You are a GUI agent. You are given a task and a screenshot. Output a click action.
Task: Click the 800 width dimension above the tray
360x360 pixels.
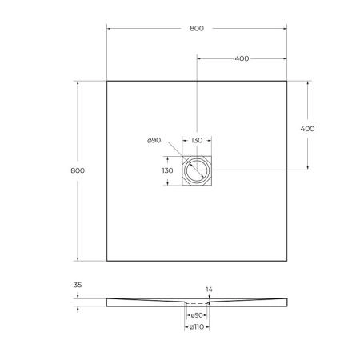click(x=197, y=28)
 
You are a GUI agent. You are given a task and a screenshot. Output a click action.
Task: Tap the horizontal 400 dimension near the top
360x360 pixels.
click(x=242, y=58)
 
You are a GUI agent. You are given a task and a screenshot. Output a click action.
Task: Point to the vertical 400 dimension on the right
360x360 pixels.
click(x=307, y=129)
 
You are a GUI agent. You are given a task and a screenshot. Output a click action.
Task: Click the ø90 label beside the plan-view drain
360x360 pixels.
click(x=155, y=141)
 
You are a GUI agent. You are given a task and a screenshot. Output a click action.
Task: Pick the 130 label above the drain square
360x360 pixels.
click(x=196, y=141)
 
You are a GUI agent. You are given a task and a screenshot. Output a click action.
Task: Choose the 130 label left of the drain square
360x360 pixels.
click(x=167, y=170)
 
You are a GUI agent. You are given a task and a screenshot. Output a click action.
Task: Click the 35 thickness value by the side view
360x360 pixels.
click(x=78, y=284)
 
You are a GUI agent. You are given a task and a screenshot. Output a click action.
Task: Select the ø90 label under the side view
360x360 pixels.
click(x=196, y=316)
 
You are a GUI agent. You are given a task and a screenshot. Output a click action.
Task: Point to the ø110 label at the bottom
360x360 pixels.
click(x=196, y=328)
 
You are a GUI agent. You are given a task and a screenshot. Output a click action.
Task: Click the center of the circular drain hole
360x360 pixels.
click(x=196, y=170)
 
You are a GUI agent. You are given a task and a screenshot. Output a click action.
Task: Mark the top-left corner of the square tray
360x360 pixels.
click(x=107, y=81)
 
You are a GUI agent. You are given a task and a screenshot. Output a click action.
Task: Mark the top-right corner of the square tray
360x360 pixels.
click(x=286, y=81)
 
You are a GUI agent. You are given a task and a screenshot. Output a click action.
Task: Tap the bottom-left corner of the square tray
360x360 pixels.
click(x=107, y=260)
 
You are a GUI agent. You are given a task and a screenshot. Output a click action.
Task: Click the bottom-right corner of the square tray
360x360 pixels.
click(x=286, y=260)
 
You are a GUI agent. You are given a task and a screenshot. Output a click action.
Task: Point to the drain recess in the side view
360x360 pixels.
click(x=196, y=303)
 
